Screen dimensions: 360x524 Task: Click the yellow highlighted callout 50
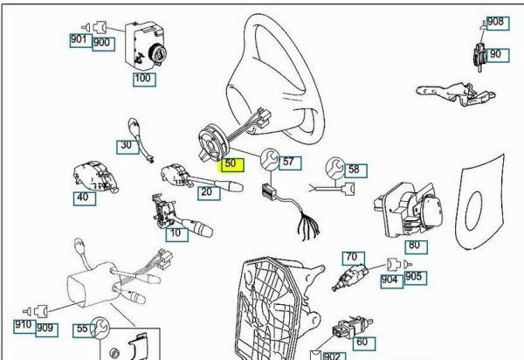pos(231,163)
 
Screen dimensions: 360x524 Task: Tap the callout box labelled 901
pos(79,40)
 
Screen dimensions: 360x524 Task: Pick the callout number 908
pos(495,22)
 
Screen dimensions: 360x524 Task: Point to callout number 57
pos(289,162)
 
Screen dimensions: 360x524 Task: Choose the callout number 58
pos(354,169)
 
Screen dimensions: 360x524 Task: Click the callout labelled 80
pos(413,246)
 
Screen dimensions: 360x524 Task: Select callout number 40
pos(85,197)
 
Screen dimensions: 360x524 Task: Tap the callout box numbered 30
pos(127,145)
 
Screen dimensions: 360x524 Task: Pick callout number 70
pos(353,257)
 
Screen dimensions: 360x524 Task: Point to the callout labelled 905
pos(414,278)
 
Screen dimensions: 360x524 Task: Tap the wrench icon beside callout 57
pos(269,159)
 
